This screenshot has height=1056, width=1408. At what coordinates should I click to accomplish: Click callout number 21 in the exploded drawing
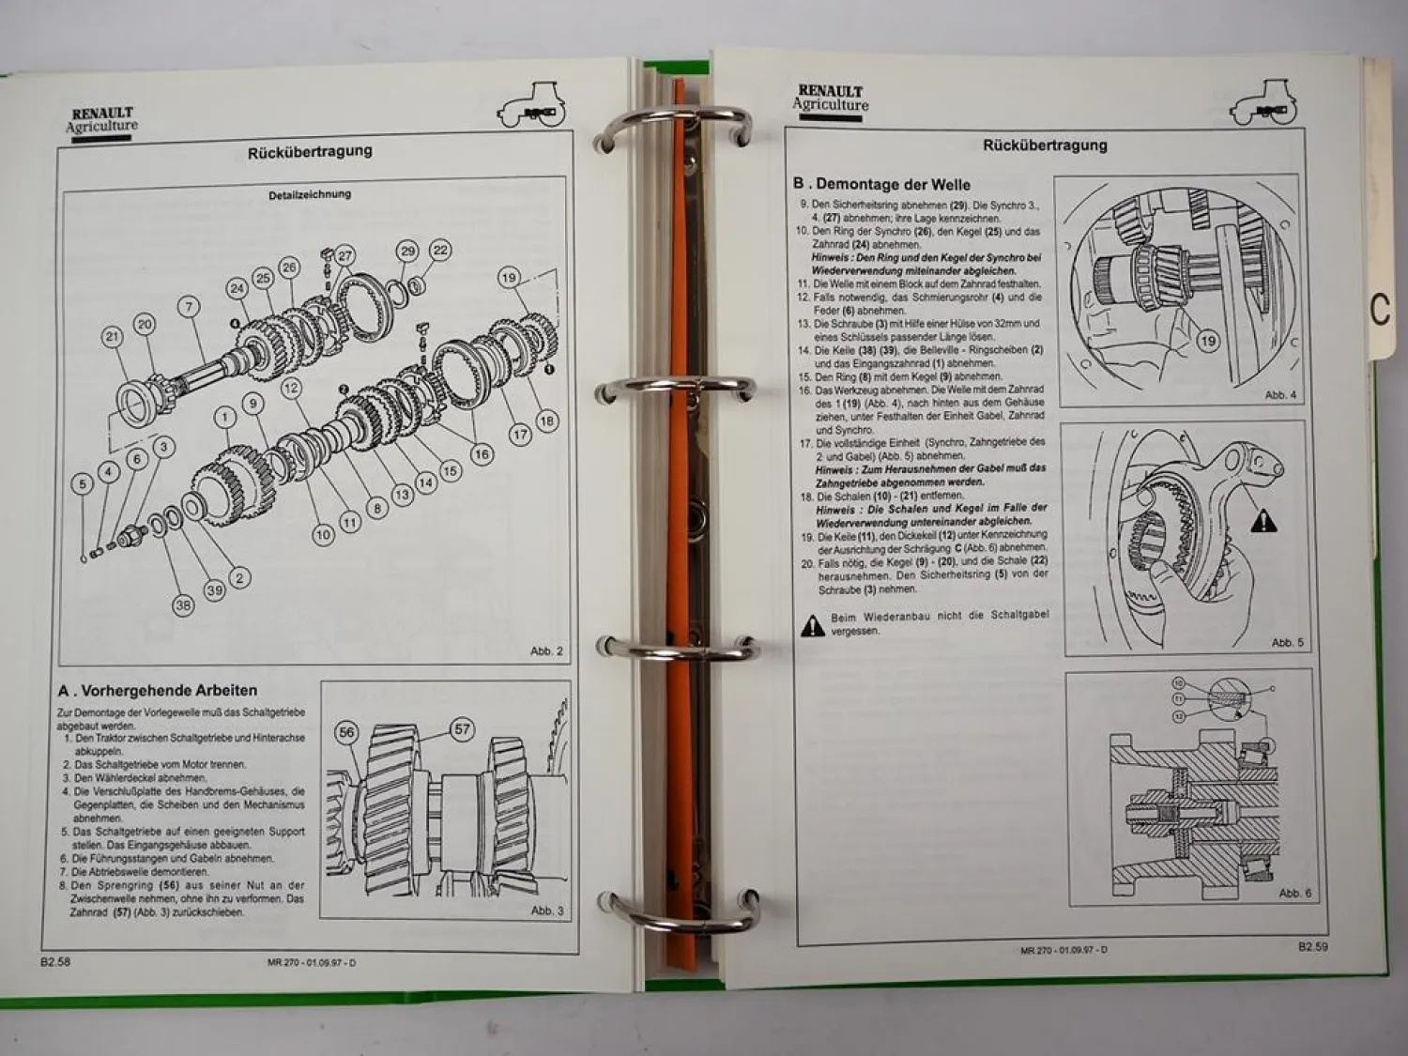point(113,337)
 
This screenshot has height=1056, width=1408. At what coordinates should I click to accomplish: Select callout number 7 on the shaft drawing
point(189,307)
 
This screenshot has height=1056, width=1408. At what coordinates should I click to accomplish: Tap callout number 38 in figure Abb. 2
point(183,605)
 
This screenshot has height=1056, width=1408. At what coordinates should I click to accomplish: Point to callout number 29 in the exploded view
point(406,251)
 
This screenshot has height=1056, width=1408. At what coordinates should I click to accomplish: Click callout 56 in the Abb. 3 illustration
point(347,733)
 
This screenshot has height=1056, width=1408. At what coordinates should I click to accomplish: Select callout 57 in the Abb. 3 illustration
point(462,729)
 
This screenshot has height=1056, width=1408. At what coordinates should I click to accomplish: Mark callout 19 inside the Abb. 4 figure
point(1207,341)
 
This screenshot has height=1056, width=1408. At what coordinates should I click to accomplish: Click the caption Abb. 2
point(546,650)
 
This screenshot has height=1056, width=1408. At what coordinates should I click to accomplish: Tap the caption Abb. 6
point(1294,893)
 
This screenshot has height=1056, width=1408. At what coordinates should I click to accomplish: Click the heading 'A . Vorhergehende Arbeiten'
point(157,691)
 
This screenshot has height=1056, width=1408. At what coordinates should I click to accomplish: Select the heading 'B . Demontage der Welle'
point(881,184)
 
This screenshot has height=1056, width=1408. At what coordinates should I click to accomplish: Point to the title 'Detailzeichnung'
point(310,194)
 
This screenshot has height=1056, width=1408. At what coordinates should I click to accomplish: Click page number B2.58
point(55,961)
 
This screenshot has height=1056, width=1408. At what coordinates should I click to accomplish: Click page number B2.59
point(1312,947)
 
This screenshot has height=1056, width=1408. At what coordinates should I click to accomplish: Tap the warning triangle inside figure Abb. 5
point(1263,519)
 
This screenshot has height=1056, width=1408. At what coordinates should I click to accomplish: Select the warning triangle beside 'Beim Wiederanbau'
point(812,625)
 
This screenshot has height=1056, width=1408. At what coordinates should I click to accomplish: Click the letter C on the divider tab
point(1379,310)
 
